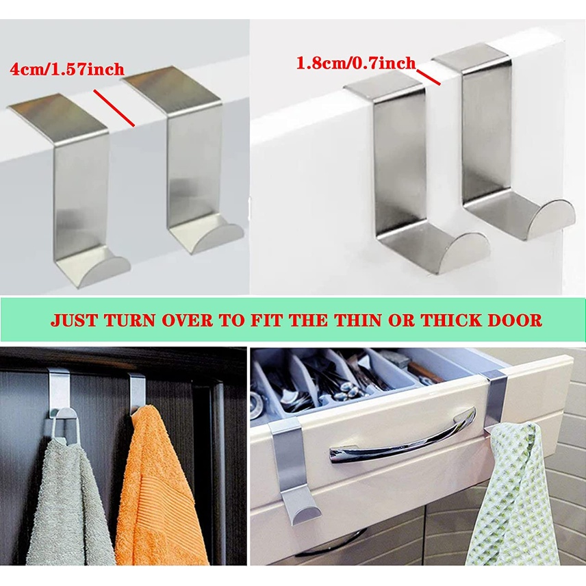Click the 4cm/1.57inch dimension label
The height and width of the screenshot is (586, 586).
pos(67,70)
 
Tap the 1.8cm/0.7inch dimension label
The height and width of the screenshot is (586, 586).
pos(356,63)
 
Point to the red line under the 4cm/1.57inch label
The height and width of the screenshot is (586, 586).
pos(114,107)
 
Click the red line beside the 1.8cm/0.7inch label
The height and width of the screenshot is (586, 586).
pos(429,77)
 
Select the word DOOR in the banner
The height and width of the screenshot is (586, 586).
pos(513,320)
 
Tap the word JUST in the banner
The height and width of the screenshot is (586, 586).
pos(75,320)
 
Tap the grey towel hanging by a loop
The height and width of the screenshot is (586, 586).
pos(69,501)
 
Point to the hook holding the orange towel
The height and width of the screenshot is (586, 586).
pos(136,392)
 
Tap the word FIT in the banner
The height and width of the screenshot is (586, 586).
pos(267,320)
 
